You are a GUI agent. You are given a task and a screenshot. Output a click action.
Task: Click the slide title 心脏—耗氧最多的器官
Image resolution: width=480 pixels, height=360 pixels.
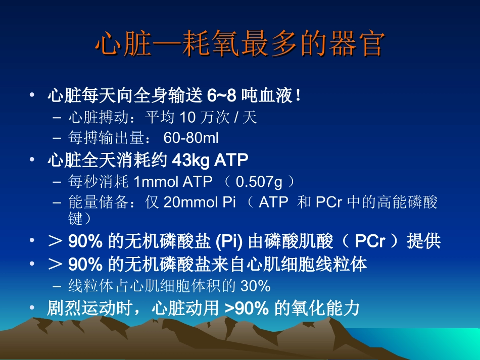(239, 44)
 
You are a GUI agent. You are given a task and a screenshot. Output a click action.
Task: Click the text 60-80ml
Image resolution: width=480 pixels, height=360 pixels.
(191, 137)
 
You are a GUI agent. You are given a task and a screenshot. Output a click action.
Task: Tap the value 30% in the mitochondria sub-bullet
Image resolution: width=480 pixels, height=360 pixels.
(255, 286)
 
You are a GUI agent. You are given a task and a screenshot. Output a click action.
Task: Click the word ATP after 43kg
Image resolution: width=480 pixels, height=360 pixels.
(231, 160)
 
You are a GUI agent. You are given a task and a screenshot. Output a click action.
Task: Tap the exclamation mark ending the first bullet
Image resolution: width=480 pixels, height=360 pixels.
(299, 95)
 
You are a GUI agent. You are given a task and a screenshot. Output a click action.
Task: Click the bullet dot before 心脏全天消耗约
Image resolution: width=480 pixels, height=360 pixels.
(32, 160)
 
